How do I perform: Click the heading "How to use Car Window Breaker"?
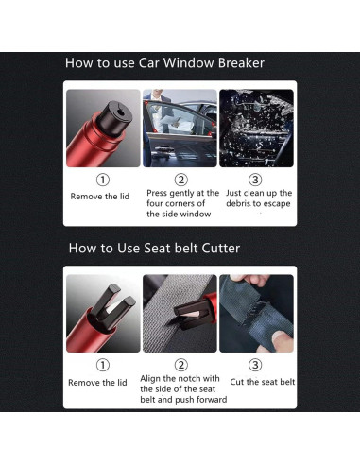click(164, 63)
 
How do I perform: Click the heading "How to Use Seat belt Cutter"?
click(154, 248)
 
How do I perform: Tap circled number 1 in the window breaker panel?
click(103, 180)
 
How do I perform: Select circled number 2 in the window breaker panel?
click(181, 180)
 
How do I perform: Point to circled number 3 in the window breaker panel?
click(255, 180)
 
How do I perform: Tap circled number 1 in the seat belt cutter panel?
click(103, 365)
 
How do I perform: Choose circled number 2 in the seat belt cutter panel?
click(181, 365)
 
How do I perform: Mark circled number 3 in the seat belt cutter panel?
click(255, 365)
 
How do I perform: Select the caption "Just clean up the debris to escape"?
click(259, 198)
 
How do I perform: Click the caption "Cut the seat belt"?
click(263, 382)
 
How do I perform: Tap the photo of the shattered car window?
click(256, 129)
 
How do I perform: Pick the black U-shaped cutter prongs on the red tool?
click(112, 306)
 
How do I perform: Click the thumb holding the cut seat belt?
click(280, 340)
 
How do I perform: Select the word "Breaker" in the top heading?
click(241, 63)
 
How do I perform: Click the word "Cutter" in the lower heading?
click(221, 249)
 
